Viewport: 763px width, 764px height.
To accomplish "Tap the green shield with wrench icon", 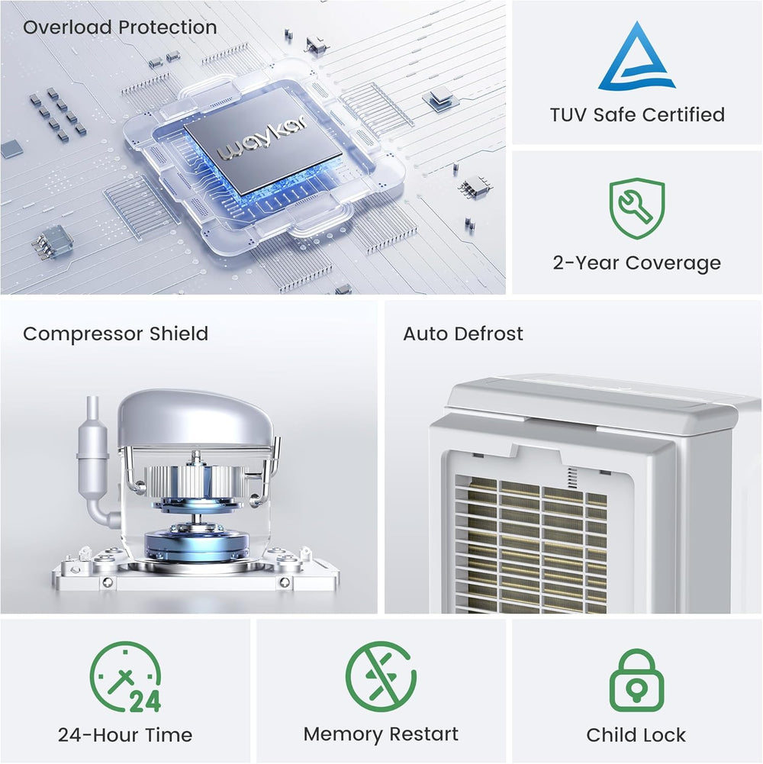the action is (x=637, y=208).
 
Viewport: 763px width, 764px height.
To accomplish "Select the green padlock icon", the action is (x=637, y=681).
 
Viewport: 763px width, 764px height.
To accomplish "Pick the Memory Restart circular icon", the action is (x=381, y=677).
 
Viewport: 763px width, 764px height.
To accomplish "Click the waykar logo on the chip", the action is (x=262, y=138).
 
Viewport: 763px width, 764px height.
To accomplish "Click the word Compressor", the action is (x=83, y=334).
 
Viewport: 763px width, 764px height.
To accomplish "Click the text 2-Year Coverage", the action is (x=637, y=263).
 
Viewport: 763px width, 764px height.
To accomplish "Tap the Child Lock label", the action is (x=636, y=735).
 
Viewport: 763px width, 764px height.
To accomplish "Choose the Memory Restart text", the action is (x=381, y=733).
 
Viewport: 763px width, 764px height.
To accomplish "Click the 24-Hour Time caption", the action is (x=125, y=735).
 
